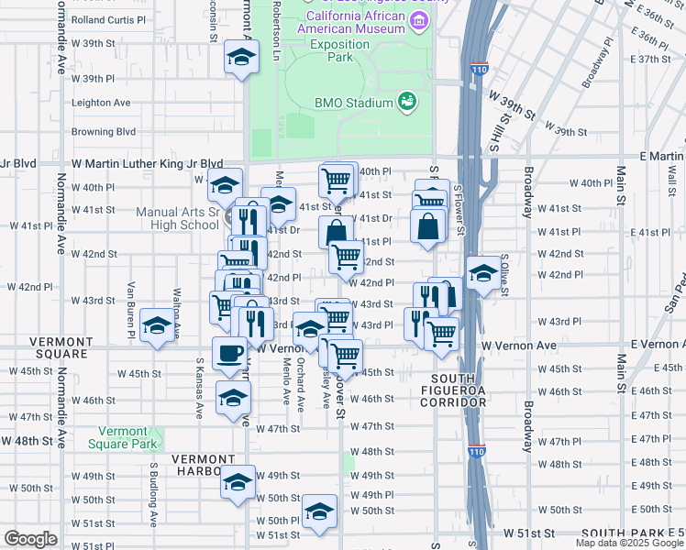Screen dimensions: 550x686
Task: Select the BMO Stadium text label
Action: (353, 103)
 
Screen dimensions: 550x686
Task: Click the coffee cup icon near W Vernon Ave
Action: (229, 352)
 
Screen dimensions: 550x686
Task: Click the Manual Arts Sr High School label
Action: (176, 218)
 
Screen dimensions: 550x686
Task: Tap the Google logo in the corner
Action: (31, 539)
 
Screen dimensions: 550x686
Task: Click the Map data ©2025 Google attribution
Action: (629, 543)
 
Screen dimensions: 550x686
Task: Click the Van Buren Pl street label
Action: (132, 310)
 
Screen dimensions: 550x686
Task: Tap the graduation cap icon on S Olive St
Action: (483, 272)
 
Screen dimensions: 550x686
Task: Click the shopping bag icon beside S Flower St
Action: (428, 225)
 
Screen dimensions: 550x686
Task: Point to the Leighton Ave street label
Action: (102, 103)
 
